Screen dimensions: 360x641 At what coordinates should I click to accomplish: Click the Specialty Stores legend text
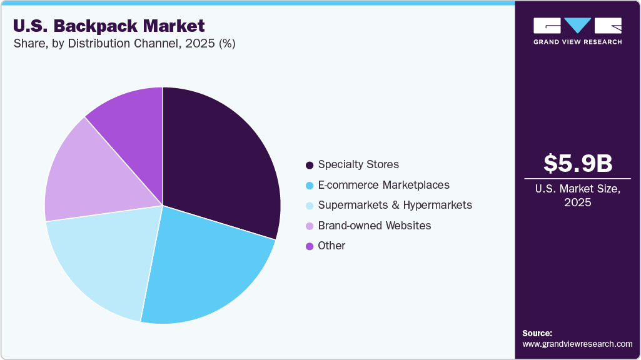point(358,164)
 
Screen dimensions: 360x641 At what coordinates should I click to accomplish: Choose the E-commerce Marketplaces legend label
point(383,185)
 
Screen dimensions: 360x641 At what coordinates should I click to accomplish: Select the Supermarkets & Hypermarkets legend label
point(395,205)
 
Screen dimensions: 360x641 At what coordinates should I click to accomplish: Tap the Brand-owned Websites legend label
point(375,226)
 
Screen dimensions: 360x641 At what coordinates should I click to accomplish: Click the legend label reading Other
point(331,246)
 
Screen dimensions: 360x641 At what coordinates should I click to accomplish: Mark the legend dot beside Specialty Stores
point(309,165)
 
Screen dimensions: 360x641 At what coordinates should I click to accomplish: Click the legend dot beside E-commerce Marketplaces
point(309,186)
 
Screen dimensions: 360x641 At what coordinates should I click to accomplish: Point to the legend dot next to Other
point(309,246)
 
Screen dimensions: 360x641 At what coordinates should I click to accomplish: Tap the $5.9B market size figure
point(577,163)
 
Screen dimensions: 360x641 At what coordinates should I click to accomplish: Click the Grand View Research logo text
point(577,42)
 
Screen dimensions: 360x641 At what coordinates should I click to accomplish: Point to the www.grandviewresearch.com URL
point(577,344)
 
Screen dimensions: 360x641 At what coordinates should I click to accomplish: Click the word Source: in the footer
point(537,333)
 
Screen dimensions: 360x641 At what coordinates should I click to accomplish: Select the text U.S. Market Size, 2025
point(577,195)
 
